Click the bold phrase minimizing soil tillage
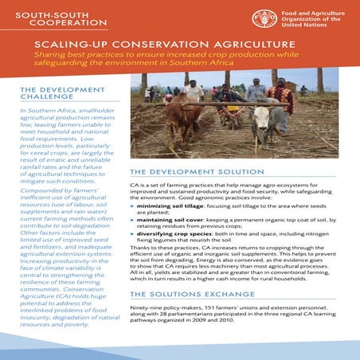(174, 205)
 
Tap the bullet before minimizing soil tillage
(132, 205)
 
